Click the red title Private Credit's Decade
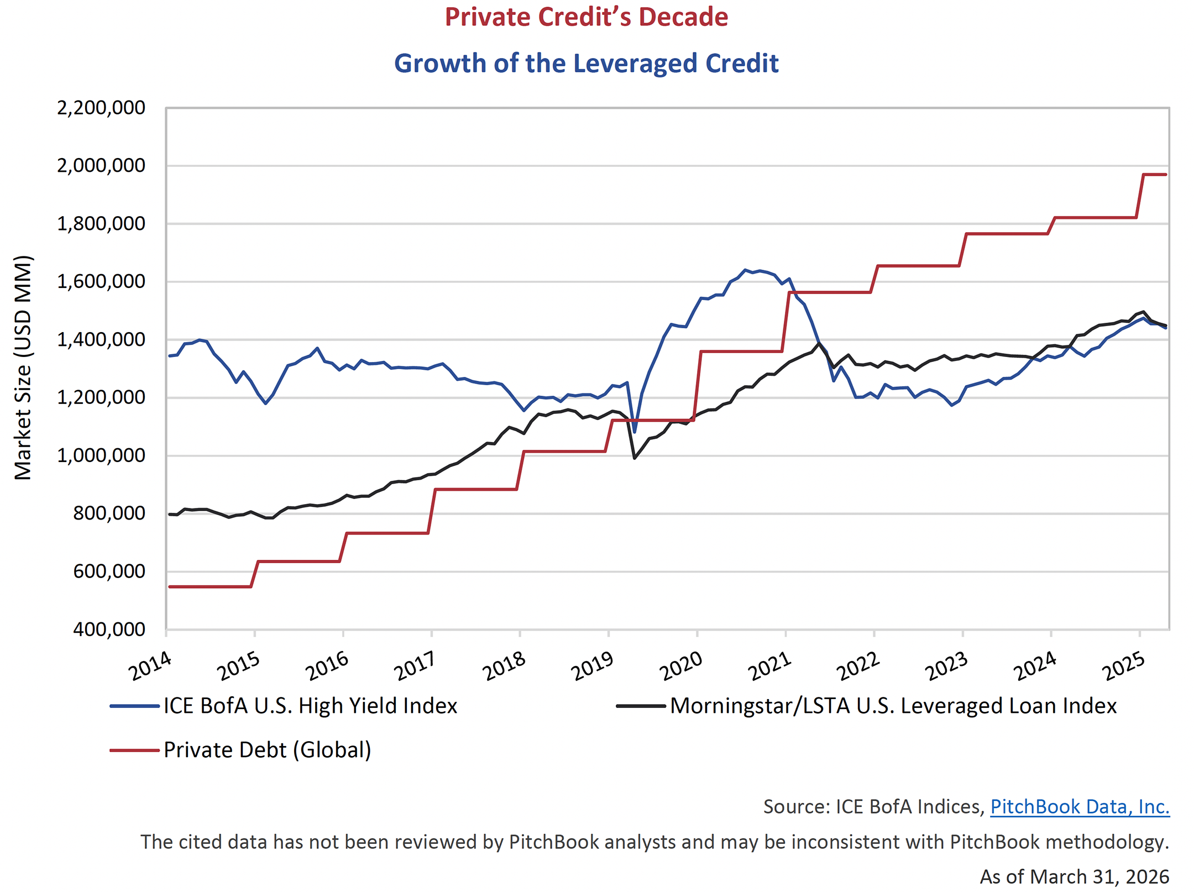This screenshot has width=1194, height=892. tap(586, 17)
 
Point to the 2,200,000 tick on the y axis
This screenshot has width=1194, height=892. tap(101, 108)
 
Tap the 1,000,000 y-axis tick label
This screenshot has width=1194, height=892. tap(101, 455)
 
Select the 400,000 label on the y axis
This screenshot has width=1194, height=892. tap(109, 629)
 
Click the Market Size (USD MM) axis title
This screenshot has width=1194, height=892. tap(23, 368)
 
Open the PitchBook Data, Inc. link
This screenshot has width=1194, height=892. tap(1079, 807)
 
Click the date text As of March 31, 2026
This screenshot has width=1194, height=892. tap(1074, 877)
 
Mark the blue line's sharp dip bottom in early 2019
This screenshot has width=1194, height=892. tap(634, 432)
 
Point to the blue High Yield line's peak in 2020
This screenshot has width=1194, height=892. tap(745, 270)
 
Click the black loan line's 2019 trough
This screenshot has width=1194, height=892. tap(635, 458)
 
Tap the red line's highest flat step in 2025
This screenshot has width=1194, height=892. tap(1154, 175)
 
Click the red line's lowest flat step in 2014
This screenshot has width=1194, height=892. tap(210, 586)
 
